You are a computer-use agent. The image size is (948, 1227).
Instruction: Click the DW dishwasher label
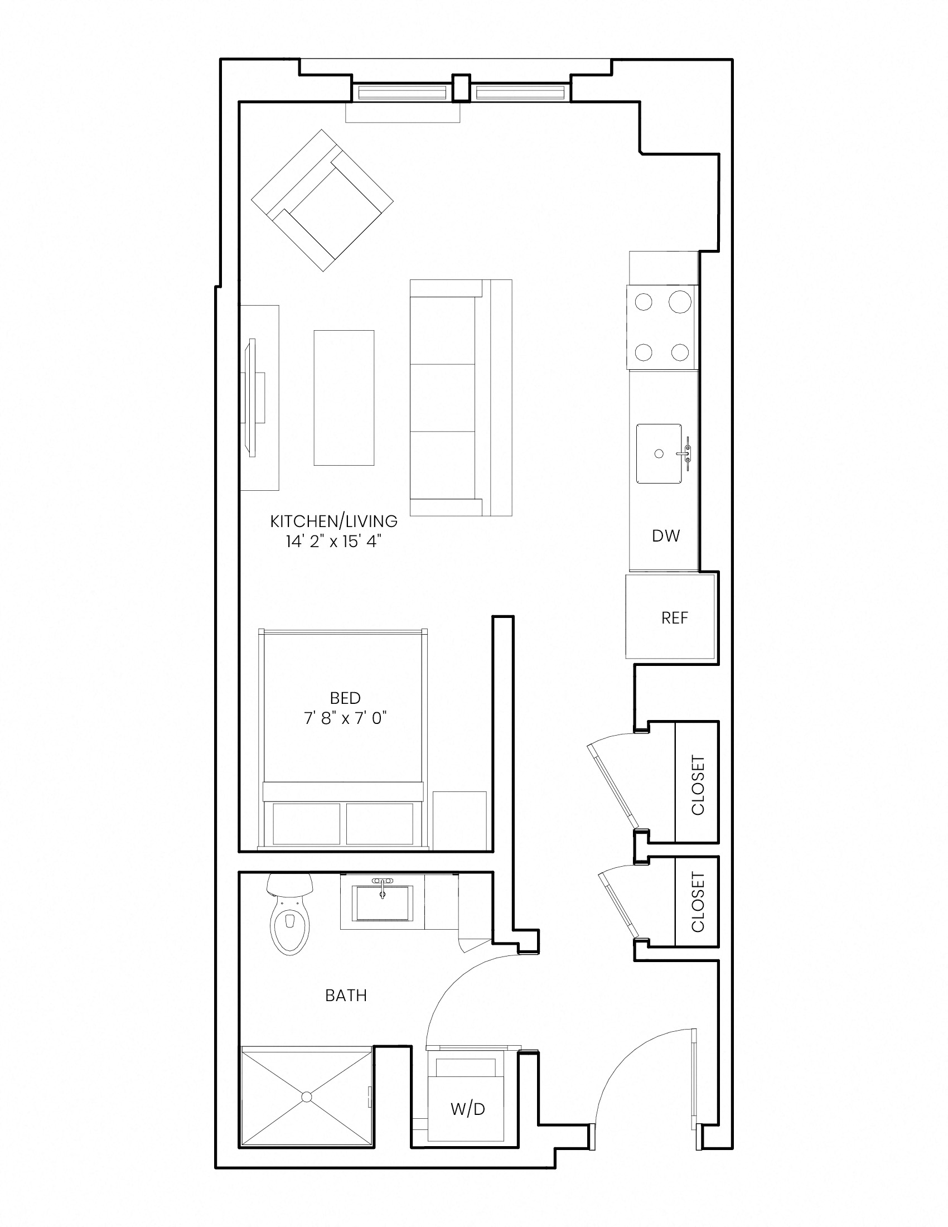[x=665, y=536]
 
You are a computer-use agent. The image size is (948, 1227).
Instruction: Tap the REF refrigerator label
[x=675, y=618]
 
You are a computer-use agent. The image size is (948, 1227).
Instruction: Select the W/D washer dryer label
[x=467, y=1109]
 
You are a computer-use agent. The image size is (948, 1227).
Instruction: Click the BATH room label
[x=346, y=996]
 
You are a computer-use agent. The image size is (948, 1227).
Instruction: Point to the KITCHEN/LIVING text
[x=334, y=521]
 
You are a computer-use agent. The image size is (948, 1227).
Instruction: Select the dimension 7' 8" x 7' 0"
[x=346, y=718]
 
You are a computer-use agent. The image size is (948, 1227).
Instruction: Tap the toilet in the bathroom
[x=290, y=914]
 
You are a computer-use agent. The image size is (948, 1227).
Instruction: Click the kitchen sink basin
[x=659, y=453]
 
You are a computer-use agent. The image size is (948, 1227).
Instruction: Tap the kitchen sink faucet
[x=686, y=453]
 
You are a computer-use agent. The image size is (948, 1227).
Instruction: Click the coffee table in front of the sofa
[x=344, y=398]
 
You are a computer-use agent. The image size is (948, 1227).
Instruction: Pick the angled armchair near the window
[x=322, y=201]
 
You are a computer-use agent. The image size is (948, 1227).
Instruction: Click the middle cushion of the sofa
[x=443, y=397]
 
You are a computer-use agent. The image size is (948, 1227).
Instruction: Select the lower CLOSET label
[x=697, y=902]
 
